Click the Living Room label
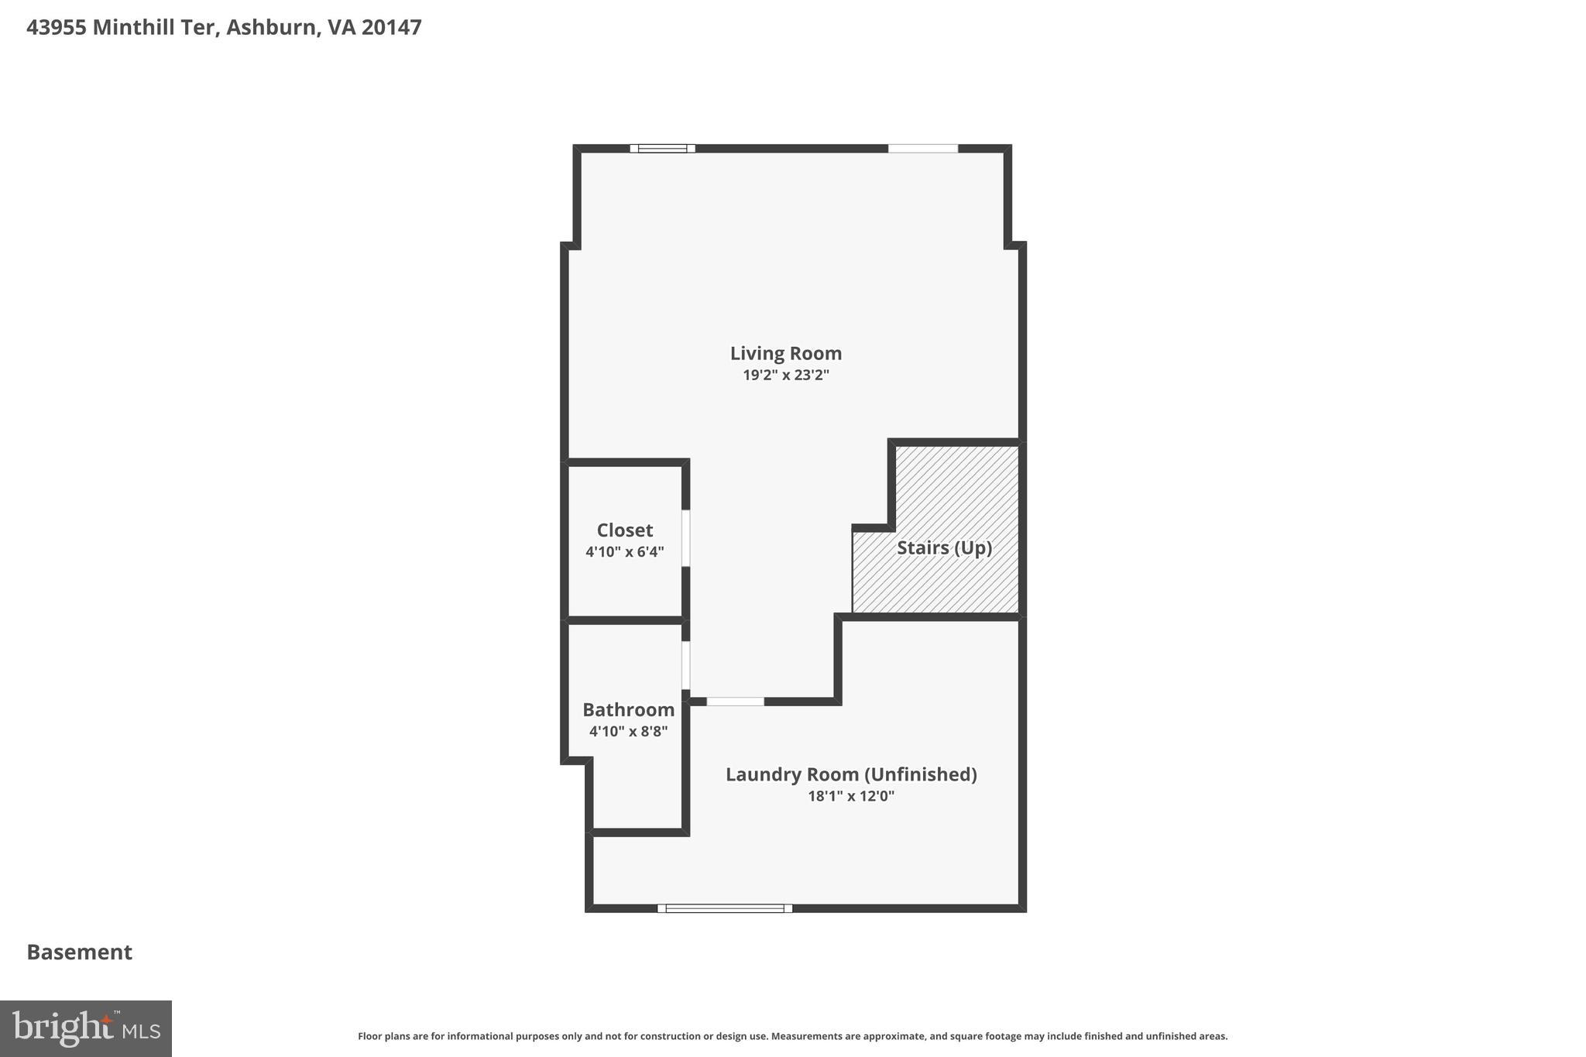[x=785, y=353]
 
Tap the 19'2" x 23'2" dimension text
[x=785, y=376]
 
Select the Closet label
[x=624, y=530]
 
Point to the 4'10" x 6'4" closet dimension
[x=624, y=552]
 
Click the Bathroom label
[x=628, y=709]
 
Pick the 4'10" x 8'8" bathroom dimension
[x=628, y=731]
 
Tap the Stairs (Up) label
[x=944, y=547]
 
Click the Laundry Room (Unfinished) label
[x=850, y=774]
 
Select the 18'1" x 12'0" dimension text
[x=850, y=796]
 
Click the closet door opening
[x=686, y=537]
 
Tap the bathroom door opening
[x=686, y=665]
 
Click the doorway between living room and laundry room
[x=735, y=702]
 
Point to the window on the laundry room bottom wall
[x=725, y=908]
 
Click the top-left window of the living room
[x=662, y=149]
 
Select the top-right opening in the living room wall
[x=922, y=149]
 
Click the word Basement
[x=80, y=952]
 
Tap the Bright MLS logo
[x=86, y=1028]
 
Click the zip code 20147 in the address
[x=391, y=27]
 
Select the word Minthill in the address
[x=154, y=27]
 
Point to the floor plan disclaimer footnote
[x=792, y=1036]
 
